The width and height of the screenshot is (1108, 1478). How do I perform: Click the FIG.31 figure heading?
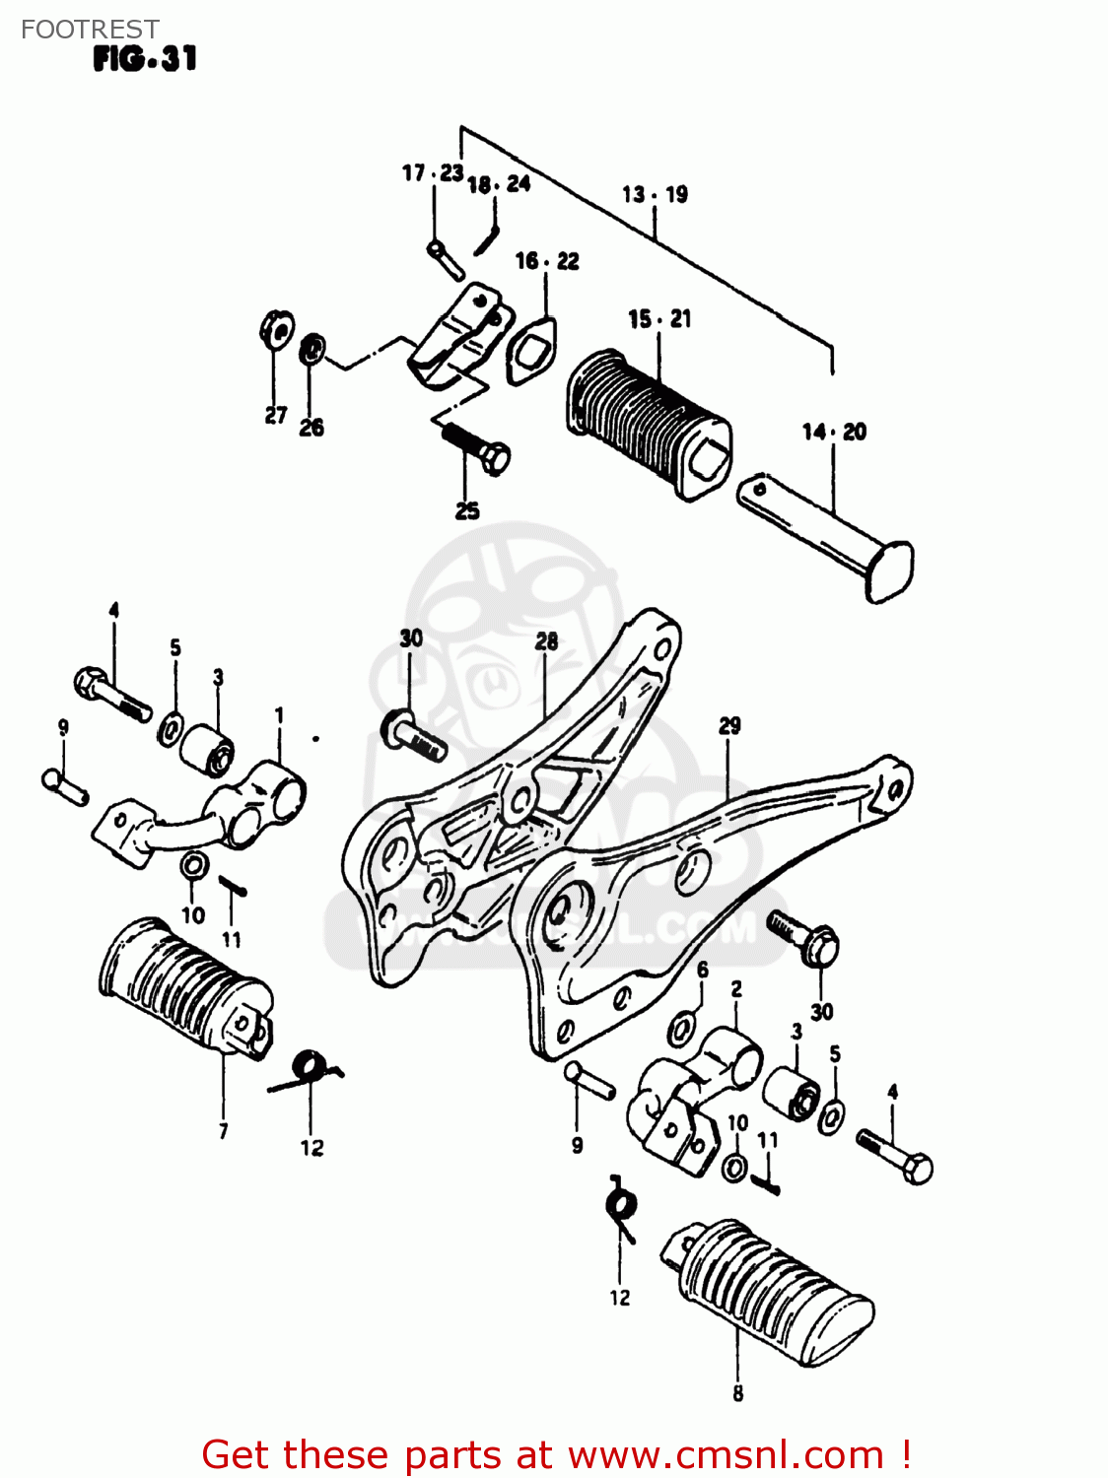point(145,59)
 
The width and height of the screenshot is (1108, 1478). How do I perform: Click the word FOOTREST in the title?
point(90,30)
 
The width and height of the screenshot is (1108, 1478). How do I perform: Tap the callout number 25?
point(467,510)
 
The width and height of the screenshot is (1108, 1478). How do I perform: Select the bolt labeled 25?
point(477,447)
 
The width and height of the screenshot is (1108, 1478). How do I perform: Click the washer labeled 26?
point(312,347)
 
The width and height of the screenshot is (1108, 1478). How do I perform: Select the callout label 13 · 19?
point(655,194)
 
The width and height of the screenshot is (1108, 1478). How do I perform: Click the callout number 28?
point(546,641)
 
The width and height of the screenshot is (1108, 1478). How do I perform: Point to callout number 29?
point(729,726)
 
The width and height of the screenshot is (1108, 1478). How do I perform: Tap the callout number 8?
point(737,1393)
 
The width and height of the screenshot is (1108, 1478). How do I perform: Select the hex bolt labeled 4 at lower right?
point(896,1158)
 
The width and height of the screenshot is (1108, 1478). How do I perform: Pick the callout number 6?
point(702,970)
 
